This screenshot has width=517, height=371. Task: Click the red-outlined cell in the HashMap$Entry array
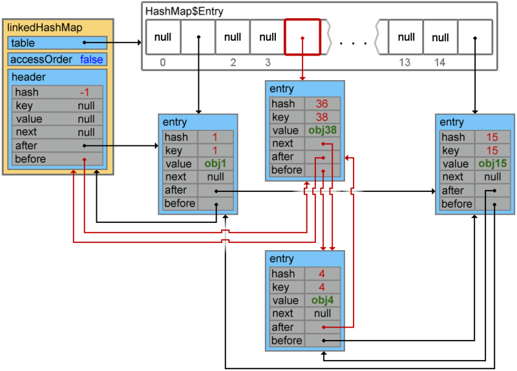pyautogui.click(x=302, y=37)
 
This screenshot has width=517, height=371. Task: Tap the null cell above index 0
pyautogui.click(x=164, y=37)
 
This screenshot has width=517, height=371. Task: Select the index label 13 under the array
pyautogui.click(x=405, y=62)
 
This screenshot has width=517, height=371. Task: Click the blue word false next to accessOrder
pyautogui.click(x=92, y=59)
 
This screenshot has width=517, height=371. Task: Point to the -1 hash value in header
pyautogui.click(x=85, y=92)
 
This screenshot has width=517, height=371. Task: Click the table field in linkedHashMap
pyautogui.click(x=58, y=43)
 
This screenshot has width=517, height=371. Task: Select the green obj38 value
pyautogui.click(x=322, y=130)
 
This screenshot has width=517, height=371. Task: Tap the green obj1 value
pyautogui.click(x=215, y=164)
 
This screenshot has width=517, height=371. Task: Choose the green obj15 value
pyautogui.click(x=492, y=164)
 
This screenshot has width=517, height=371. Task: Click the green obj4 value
pyautogui.click(x=322, y=300)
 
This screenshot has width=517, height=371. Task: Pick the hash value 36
pyautogui.click(x=322, y=103)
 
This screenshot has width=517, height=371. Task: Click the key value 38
pyautogui.click(x=322, y=117)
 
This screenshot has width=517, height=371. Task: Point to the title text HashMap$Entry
pyautogui.click(x=184, y=12)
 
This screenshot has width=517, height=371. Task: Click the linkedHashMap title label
pyautogui.click(x=45, y=27)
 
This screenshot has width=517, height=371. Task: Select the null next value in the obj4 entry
pyautogui.click(x=322, y=313)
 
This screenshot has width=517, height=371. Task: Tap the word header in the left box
pyautogui.click(x=28, y=77)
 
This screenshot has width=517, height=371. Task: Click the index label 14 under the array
pyautogui.click(x=439, y=62)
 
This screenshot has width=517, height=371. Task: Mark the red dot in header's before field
pyautogui.click(x=85, y=160)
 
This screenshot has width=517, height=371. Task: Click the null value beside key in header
pyautogui.click(x=87, y=105)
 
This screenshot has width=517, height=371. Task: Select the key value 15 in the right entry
pyautogui.click(x=492, y=151)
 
